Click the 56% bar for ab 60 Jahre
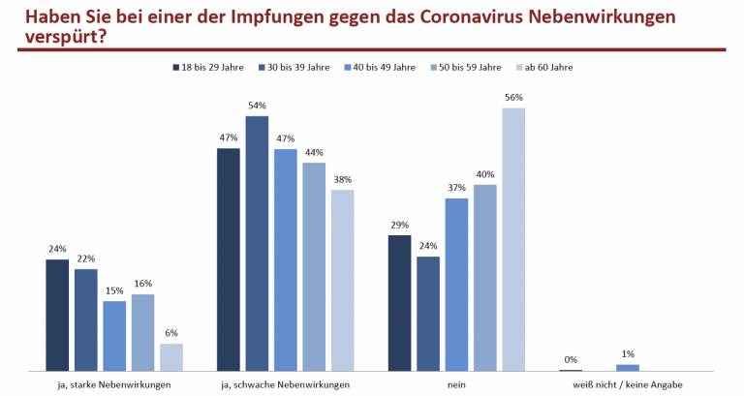(x=513, y=239)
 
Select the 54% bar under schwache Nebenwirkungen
(x=257, y=243)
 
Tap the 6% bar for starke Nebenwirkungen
(x=171, y=357)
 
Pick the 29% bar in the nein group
(x=399, y=303)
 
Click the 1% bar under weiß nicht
(x=628, y=368)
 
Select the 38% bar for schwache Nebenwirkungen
(x=342, y=281)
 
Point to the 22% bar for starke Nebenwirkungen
(x=85, y=320)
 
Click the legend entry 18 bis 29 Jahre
(x=208, y=67)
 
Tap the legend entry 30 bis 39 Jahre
(x=294, y=67)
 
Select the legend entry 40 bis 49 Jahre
(x=380, y=67)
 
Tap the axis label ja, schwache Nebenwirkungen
(x=285, y=384)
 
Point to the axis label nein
(x=456, y=384)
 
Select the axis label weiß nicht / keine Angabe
(x=628, y=384)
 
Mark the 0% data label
(x=571, y=360)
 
